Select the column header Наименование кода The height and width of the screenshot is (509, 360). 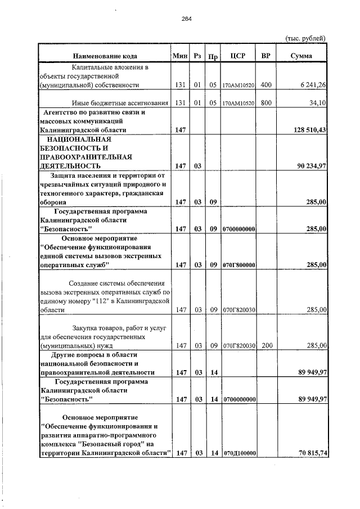point(105,56)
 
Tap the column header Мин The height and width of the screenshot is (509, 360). point(180,56)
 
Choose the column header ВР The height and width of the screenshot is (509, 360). point(266,56)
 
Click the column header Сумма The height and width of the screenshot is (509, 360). point(301,56)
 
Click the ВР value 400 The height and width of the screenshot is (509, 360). point(266,85)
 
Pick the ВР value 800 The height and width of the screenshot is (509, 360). point(266,103)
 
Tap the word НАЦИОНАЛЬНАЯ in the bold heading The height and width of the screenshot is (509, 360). point(79,139)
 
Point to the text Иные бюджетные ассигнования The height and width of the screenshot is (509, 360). point(120,103)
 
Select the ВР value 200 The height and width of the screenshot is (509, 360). point(266,346)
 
